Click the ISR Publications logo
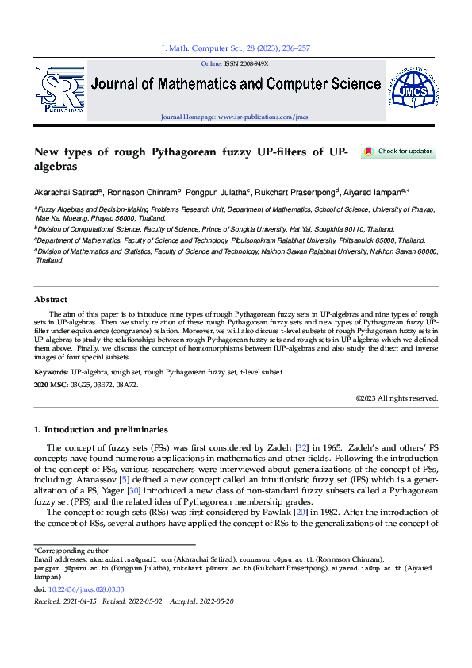pyautogui.click(x=59, y=89)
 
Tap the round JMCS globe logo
pyautogui.click(x=411, y=89)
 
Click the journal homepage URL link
pyautogui.click(x=262, y=117)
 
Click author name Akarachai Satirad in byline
pyautogui.click(x=63, y=191)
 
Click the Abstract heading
pyautogui.click(x=51, y=300)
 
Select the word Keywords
pyautogui.click(x=51, y=372)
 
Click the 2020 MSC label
pyautogui.click(x=52, y=385)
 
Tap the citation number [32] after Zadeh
pyautogui.click(x=301, y=448)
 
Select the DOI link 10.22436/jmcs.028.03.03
pyautogui.click(x=87, y=589)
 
